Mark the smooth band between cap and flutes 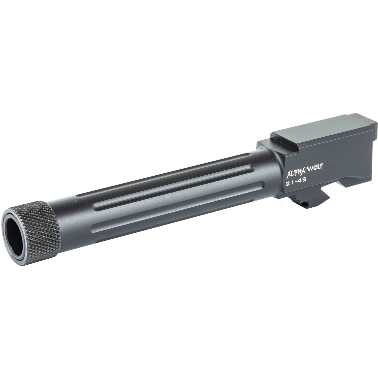(73, 217)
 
